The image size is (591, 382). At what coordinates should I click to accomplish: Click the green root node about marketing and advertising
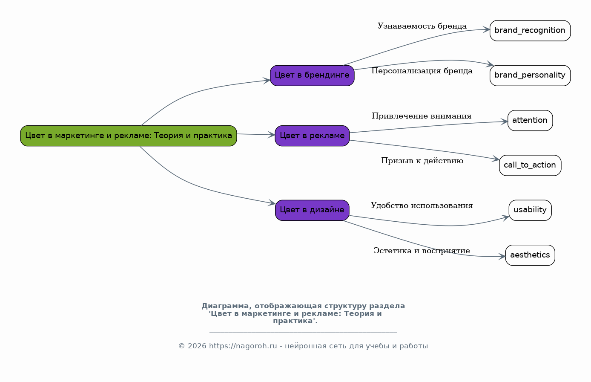[x=128, y=136]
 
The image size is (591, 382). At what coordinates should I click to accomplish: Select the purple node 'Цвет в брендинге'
[x=312, y=75]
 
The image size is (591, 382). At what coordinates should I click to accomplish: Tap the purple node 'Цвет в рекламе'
[x=312, y=136]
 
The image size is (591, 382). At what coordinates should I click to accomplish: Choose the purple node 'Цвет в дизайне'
[x=312, y=210]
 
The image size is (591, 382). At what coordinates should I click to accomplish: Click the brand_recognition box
[x=530, y=31]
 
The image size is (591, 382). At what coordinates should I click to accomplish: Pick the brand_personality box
[x=530, y=75]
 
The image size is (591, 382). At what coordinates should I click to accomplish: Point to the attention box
[x=530, y=121]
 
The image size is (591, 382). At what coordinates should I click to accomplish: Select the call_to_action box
[x=530, y=165]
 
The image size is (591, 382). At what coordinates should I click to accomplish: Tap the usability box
[x=530, y=210]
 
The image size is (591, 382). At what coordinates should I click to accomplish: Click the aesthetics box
[x=530, y=255]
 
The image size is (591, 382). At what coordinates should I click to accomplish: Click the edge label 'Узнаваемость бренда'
[x=422, y=26]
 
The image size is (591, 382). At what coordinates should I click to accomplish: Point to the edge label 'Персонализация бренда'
[x=422, y=71]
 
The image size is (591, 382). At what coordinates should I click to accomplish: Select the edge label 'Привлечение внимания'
[x=422, y=116]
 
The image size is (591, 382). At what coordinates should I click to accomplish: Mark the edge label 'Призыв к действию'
[x=422, y=161]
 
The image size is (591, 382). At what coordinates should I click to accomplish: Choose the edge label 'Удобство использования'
[x=422, y=206]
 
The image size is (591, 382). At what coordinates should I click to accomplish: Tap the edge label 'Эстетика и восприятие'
[x=422, y=251]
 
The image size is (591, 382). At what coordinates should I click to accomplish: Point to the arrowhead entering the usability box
[x=506, y=217]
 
